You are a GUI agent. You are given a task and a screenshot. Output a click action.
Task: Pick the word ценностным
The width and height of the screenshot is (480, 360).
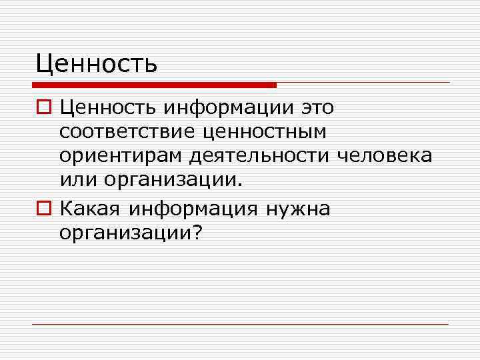tap(269, 132)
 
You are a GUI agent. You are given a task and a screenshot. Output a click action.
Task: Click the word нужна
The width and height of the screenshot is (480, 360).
tap(297, 209)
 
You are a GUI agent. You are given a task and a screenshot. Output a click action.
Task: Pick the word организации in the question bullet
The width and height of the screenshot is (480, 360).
tap(125, 233)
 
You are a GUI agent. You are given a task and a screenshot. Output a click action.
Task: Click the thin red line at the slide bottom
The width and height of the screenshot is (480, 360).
tap(240, 324)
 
